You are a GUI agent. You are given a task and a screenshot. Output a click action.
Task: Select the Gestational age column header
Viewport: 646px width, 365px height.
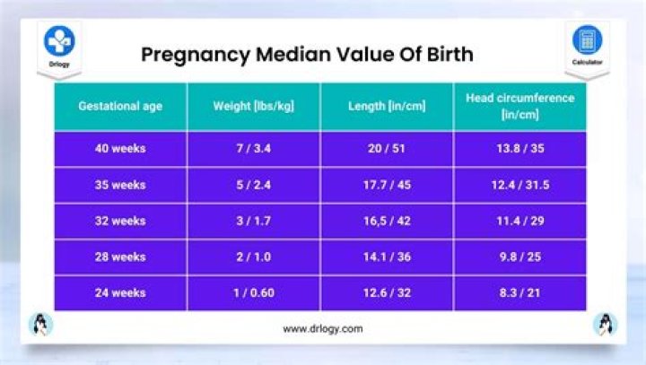pyautogui.click(x=120, y=106)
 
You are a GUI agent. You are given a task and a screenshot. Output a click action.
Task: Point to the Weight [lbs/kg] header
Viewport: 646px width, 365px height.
pyautogui.click(x=253, y=106)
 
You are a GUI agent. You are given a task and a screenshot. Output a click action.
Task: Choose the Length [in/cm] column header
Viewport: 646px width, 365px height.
pyautogui.click(x=387, y=106)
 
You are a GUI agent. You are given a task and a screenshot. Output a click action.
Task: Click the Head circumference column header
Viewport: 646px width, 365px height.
pyautogui.click(x=519, y=106)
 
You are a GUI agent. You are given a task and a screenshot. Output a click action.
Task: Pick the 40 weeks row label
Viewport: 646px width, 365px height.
pyautogui.click(x=120, y=149)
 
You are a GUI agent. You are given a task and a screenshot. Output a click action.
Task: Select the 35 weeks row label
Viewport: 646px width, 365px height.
pyautogui.click(x=120, y=185)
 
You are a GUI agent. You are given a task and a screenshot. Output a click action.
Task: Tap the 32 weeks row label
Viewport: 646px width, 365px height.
pyautogui.click(x=120, y=221)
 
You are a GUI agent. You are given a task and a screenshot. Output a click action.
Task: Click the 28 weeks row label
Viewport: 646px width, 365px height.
pyautogui.click(x=120, y=256)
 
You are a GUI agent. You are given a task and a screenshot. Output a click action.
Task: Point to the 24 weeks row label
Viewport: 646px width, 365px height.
pyautogui.click(x=120, y=292)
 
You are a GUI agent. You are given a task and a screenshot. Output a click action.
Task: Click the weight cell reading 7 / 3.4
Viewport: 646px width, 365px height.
pyautogui.click(x=253, y=149)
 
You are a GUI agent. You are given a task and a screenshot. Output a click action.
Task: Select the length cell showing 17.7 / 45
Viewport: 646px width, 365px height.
pyautogui.click(x=387, y=185)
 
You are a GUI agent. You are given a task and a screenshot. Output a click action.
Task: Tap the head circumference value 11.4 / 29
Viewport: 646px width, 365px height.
pyautogui.click(x=519, y=221)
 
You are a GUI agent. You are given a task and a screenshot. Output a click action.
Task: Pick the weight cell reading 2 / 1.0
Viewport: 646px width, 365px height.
pyautogui.click(x=253, y=256)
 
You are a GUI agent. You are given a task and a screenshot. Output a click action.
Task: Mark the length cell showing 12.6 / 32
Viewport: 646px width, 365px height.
pyautogui.click(x=387, y=292)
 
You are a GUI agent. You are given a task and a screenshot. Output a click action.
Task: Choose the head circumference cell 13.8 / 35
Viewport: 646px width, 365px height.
pyautogui.click(x=519, y=149)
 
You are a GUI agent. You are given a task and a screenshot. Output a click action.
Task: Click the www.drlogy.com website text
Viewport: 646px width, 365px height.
pyautogui.click(x=323, y=329)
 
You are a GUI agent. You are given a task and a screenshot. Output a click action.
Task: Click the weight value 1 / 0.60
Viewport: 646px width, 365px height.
pyautogui.click(x=253, y=292)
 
